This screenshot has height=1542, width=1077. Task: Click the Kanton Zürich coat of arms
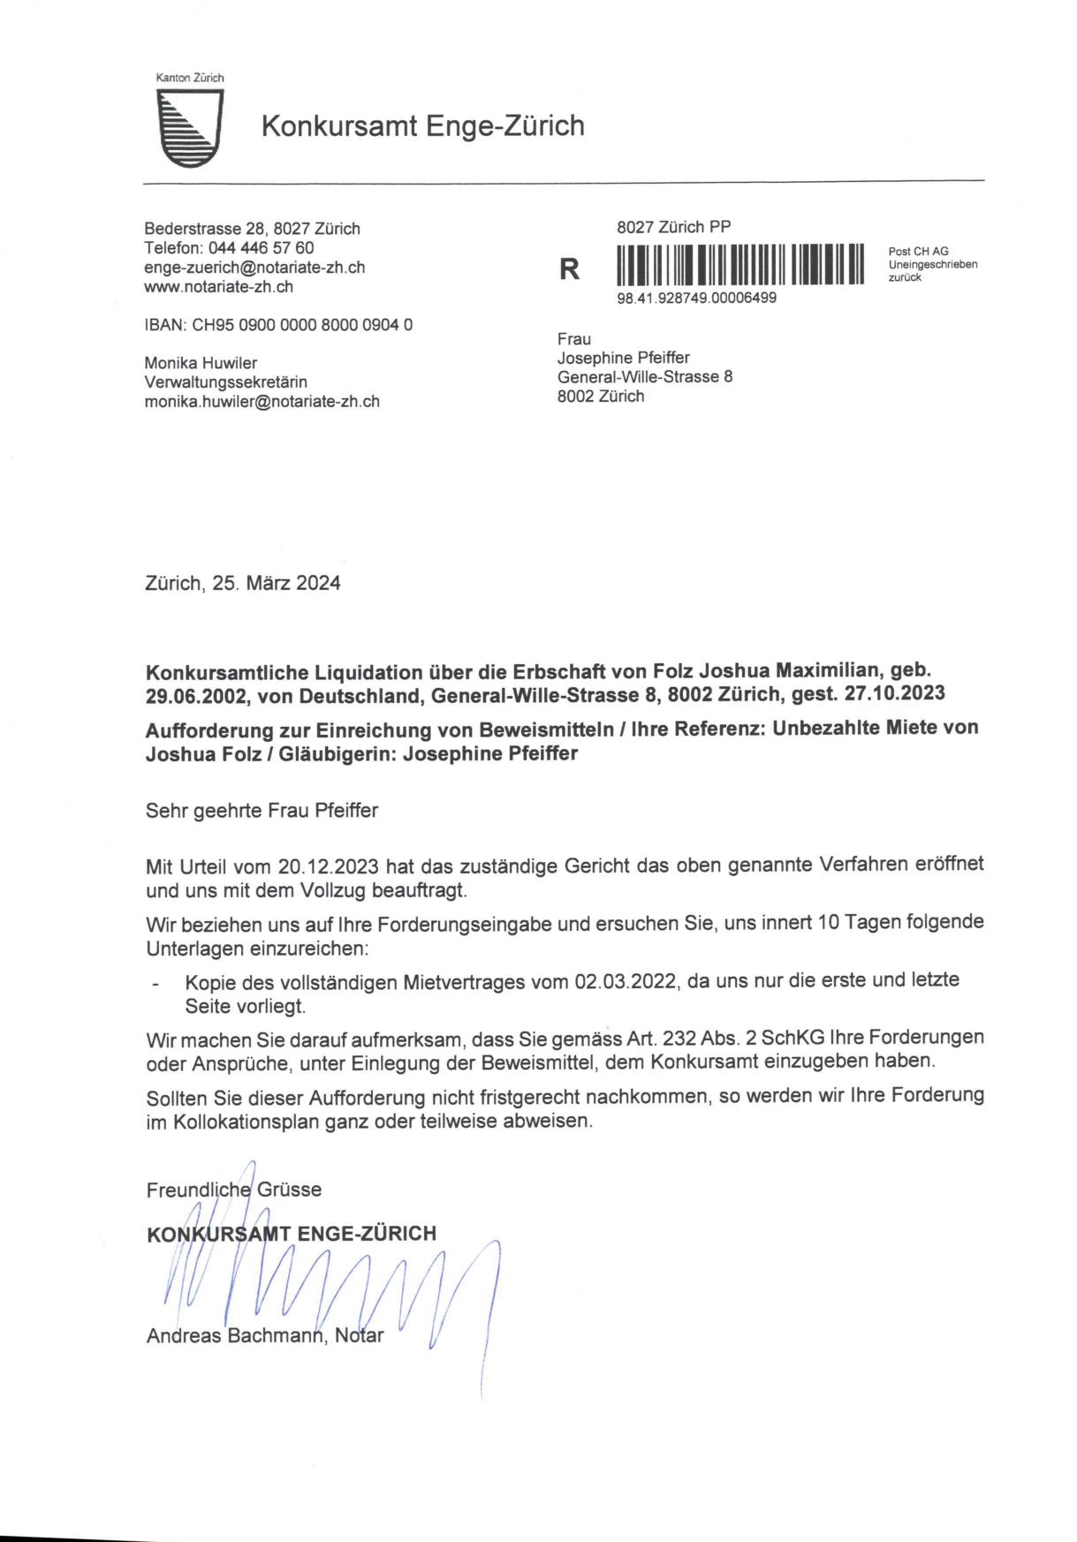click(x=189, y=127)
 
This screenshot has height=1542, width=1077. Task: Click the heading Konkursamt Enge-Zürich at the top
click(x=422, y=126)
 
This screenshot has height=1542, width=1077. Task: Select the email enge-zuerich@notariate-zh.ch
click(x=254, y=268)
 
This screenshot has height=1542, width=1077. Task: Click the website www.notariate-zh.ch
click(x=219, y=287)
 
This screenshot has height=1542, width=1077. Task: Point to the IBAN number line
click(x=278, y=325)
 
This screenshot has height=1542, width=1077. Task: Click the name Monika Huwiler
click(x=201, y=363)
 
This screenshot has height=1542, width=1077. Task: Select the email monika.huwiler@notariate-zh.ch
click(x=262, y=401)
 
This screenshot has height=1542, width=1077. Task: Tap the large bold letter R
click(x=570, y=269)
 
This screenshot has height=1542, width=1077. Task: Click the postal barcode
click(x=739, y=264)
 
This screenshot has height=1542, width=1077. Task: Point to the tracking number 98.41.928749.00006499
click(x=696, y=299)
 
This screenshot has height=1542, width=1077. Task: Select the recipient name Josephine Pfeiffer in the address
click(x=623, y=358)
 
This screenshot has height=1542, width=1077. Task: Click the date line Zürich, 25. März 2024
click(x=243, y=584)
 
